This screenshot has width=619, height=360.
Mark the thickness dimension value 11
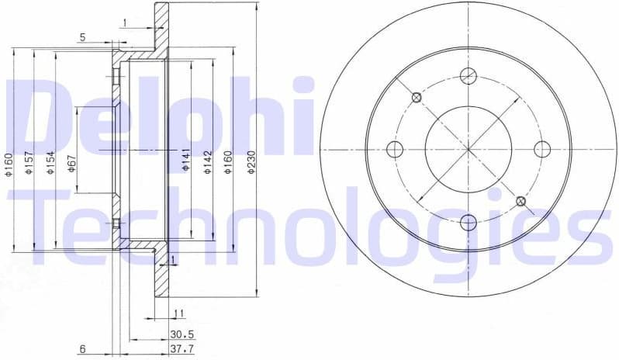point(178,313)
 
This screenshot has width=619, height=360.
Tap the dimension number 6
point(81,348)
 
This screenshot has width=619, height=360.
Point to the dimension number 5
point(81,36)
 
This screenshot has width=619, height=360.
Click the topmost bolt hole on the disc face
point(468,75)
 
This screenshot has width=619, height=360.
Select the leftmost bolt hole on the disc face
point(394,149)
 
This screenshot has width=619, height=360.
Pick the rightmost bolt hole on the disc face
point(542,149)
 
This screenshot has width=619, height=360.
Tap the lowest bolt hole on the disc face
point(468,223)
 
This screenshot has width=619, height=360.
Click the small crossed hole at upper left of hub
point(417,97)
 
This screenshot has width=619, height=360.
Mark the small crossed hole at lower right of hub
point(520,202)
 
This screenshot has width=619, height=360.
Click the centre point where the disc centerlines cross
point(468,149)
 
